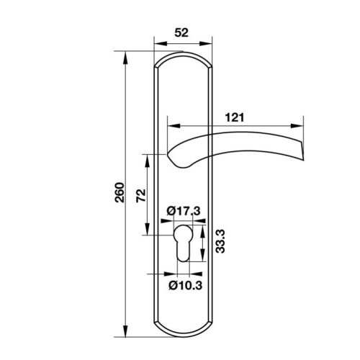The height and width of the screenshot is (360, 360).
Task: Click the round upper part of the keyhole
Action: coord(184,235)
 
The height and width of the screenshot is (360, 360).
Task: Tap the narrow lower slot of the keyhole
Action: coord(184,254)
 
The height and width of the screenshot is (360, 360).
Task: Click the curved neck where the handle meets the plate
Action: coord(176,157)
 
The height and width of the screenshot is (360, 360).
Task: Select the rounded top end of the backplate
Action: coord(184,58)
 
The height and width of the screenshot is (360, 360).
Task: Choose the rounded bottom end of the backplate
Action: coord(184,333)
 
